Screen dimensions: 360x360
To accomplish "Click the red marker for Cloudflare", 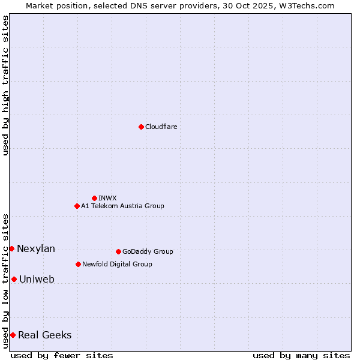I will pyautogui.click(x=141, y=127).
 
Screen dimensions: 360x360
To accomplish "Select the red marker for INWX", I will pyautogui.click(x=94, y=198).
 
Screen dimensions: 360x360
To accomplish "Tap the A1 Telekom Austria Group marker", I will pyautogui.click(x=77, y=206).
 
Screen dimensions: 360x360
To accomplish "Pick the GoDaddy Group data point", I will pyautogui.click(x=118, y=251).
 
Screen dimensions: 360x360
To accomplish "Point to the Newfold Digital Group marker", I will pyautogui.click(x=78, y=264).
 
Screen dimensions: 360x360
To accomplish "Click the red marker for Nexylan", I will pyautogui.click(x=11, y=248).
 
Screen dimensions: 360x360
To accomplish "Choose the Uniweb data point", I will pyautogui.click(x=14, y=279).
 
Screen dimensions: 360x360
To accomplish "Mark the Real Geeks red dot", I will pyautogui.click(x=13, y=335).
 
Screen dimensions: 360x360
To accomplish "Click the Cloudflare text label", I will pyautogui.click(x=161, y=127).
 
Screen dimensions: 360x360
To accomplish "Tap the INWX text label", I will pyautogui.click(x=107, y=198).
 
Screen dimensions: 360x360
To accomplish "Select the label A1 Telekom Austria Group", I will pyautogui.click(x=122, y=206).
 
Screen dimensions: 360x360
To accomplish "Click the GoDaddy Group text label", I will pyautogui.click(x=148, y=251).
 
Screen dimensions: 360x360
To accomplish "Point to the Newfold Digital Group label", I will pyautogui.click(x=117, y=264).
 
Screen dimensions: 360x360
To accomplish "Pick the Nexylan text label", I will pyautogui.click(x=36, y=249).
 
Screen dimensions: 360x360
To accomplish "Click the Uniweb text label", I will pyautogui.click(x=37, y=280).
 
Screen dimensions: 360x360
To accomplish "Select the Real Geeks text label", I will pyautogui.click(x=45, y=335).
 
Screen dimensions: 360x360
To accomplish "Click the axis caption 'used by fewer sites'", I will pyautogui.click(x=62, y=355).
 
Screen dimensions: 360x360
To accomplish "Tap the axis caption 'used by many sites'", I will pyautogui.click(x=301, y=355).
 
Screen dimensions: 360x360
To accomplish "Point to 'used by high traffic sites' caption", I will pyautogui.click(x=5, y=85).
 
